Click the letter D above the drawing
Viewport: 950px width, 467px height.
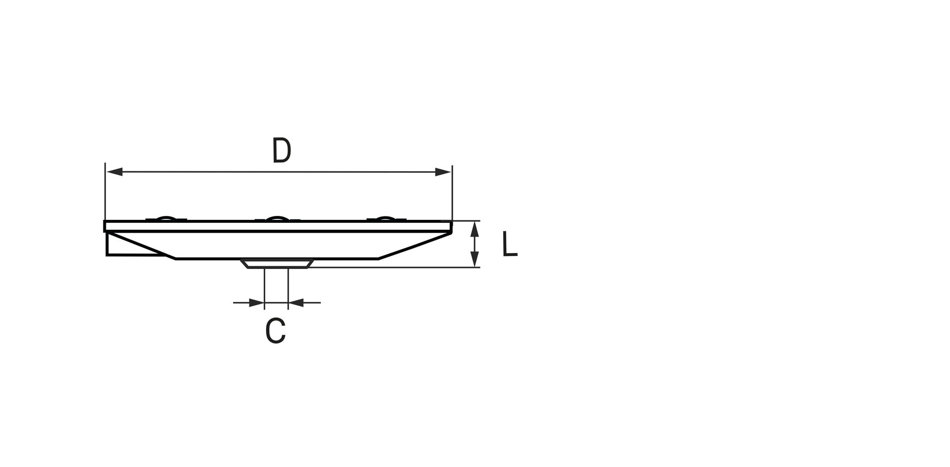[282, 151]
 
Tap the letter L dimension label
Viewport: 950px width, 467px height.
[510, 244]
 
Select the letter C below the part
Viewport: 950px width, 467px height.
[276, 331]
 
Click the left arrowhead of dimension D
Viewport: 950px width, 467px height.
[115, 172]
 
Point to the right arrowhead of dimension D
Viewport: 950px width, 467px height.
[443, 172]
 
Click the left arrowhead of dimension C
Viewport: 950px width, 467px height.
[256, 302]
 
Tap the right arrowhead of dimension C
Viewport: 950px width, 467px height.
[296, 302]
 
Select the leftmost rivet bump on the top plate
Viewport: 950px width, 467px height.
[166, 218]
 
